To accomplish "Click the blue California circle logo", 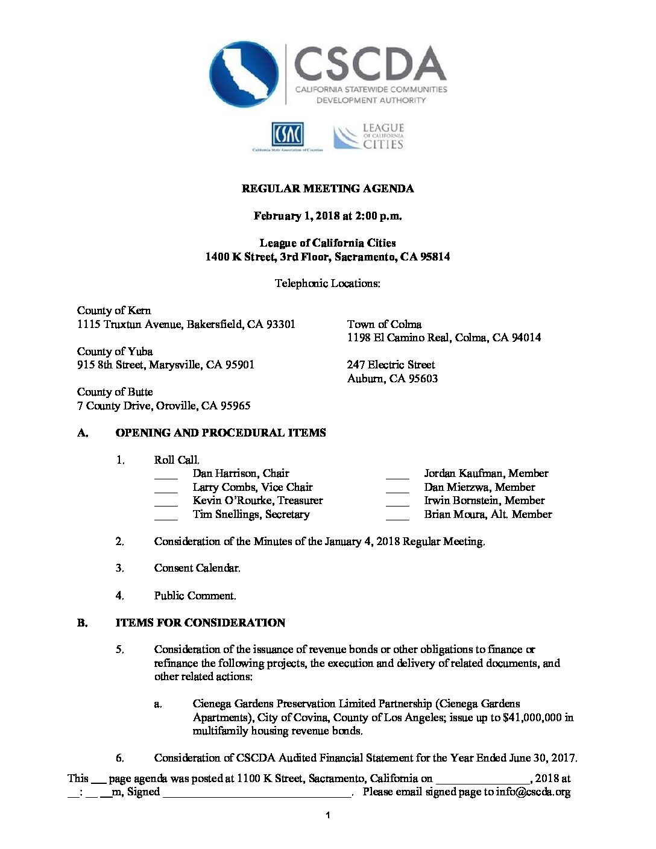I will pyautogui.click(x=244, y=74).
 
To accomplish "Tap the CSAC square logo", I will pyautogui.click(x=288, y=134).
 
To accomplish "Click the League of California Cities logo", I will pyautogui.click(x=369, y=137).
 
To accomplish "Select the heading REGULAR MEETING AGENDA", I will pyautogui.click(x=327, y=189).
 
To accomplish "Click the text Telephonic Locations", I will pyautogui.click(x=327, y=283).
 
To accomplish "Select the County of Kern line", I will pyautogui.click(x=114, y=311).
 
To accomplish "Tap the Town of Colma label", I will pyautogui.click(x=384, y=324).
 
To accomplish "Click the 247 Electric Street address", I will pyautogui.click(x=391, y=365).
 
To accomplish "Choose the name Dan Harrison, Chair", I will pyautogui.click(x=241, y=473).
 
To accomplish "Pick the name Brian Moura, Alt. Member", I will pyautogui.click(x=488, y=514).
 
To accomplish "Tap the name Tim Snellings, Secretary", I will pyautogui.click(x=251, y=514).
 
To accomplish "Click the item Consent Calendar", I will pyautogui.click(x=197, y=568).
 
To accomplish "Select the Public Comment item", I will pyautogui.click(x=195, y=596).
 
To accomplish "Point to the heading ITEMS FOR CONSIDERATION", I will pyautogui.click(x=200, y=623).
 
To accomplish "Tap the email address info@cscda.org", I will pyautogui.click(x=533, y=792).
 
